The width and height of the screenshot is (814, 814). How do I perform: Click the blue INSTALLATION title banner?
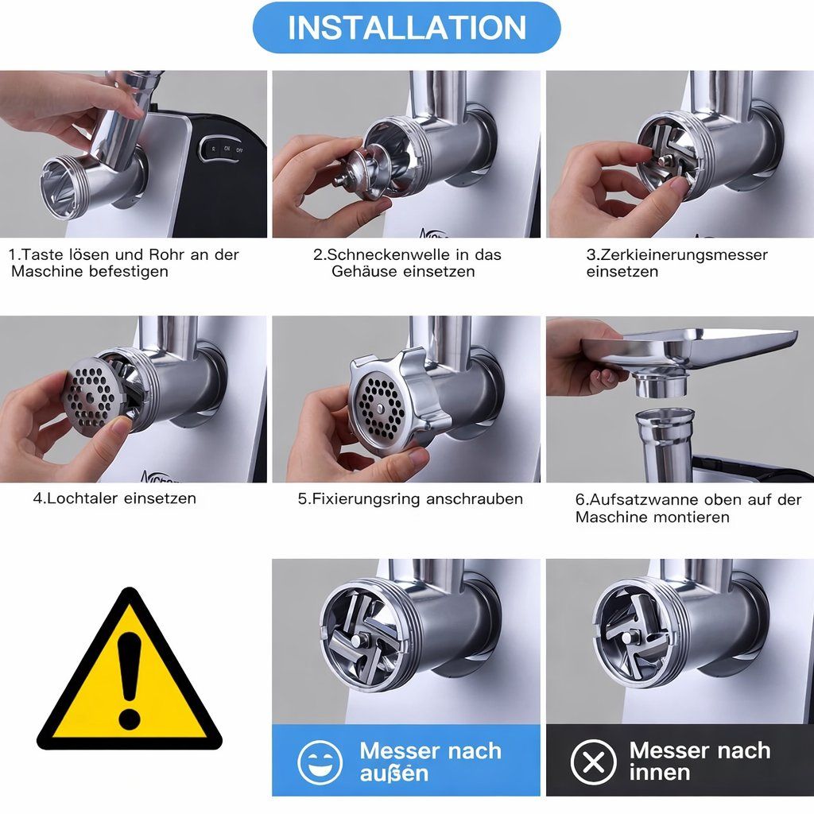[x=406, y=28]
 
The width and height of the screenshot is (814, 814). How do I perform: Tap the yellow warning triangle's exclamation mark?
[x=129, y=681]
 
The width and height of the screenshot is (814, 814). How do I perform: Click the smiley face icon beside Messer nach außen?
[x=320, y=762]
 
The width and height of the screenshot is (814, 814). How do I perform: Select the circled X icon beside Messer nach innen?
[x=593, y=762]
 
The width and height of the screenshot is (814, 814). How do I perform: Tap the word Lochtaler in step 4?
[x=83, y=498]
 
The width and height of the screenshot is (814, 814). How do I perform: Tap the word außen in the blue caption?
[x=393, y=773]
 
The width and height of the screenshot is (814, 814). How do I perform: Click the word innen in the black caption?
[x=659, y=773]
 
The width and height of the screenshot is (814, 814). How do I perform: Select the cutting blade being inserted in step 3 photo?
[x=669, y=150]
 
